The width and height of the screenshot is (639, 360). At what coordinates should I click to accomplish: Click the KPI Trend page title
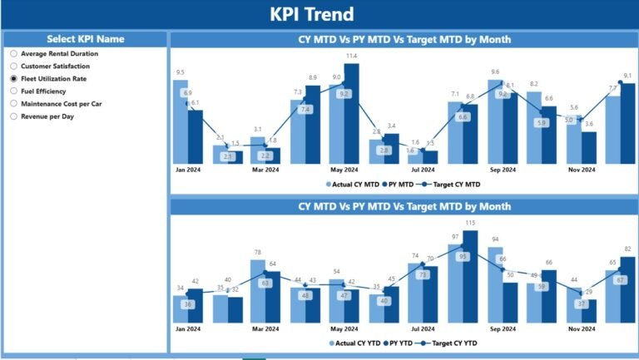point(312,14)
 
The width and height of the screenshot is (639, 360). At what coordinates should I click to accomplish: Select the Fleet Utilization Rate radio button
point(13,79)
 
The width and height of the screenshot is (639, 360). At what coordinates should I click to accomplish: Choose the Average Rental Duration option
point(13,53)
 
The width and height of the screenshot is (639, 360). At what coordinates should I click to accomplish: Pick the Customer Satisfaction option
point(13,66)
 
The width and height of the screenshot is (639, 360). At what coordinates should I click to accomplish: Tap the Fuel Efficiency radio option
point(13,91)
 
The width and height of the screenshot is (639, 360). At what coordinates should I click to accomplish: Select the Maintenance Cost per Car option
point(13,104)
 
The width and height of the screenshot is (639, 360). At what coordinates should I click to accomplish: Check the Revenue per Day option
point(13,116)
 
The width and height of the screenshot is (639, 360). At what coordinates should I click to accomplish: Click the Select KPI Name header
point(85,39)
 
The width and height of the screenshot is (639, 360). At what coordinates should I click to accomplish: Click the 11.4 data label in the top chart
point(351,56)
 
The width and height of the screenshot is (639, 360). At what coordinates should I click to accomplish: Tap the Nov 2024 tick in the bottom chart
point(581,329)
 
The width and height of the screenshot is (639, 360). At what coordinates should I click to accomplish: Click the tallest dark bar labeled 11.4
point(351,112)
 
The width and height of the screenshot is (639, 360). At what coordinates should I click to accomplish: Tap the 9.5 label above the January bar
point(181,72)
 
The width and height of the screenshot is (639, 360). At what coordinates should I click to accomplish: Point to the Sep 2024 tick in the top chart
point(501,170)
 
